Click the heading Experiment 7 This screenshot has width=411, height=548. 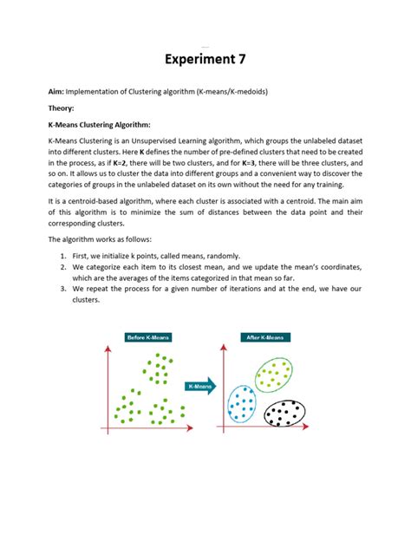pos(205,60)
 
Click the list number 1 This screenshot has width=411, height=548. pos(64,256)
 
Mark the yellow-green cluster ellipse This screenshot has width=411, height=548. pos(278,375)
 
